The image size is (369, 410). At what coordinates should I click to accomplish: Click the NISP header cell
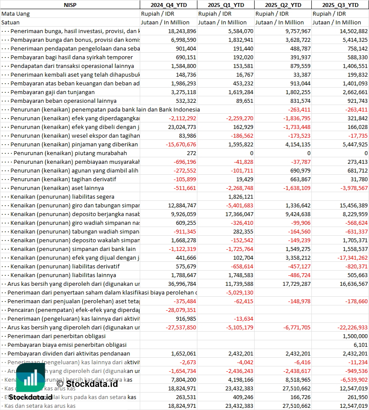(x=70, y=5)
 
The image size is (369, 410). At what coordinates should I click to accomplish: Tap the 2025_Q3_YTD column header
(x=340, y=5)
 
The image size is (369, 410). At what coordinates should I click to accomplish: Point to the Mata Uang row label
(x=15, y=14)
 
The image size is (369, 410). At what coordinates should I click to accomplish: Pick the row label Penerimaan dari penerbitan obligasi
(x=58, y=336)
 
